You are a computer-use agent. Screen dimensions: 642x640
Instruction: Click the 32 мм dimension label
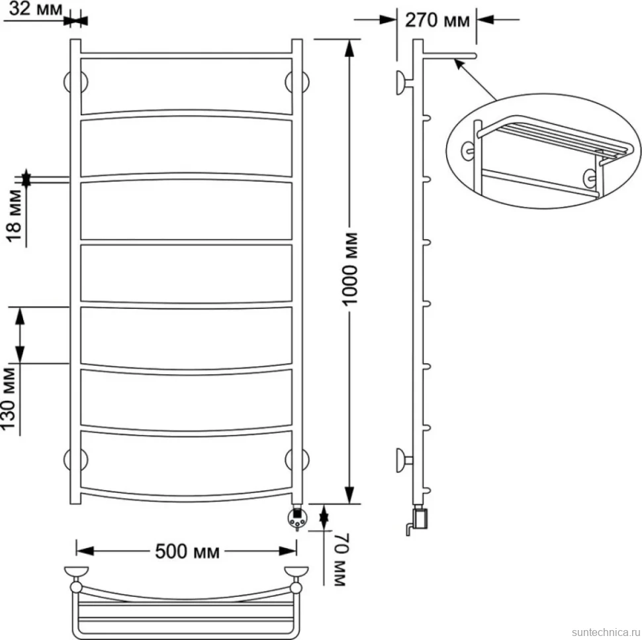coord(35,9)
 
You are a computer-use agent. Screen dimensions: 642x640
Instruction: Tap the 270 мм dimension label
coord(437,20)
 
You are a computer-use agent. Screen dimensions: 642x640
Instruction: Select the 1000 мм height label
coord(351,269)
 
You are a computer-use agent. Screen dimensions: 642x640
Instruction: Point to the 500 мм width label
coord(187,551)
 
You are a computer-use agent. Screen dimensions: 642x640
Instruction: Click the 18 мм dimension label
coord(15,215)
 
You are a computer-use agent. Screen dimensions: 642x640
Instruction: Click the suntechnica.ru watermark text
coord(606,632)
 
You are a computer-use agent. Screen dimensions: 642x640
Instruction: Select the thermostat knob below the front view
coord(297,518)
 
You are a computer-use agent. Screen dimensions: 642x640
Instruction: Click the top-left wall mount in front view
coord(75,82)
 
